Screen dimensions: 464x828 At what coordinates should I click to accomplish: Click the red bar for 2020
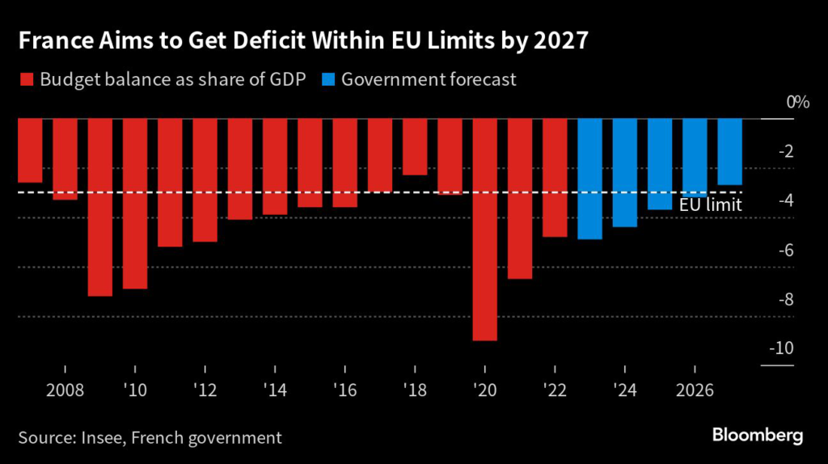pos(485,230)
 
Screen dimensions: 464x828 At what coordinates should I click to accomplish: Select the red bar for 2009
pos(100,208)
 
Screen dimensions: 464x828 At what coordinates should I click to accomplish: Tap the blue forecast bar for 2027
pos(729,152)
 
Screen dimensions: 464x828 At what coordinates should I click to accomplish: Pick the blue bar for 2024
pos(625,173)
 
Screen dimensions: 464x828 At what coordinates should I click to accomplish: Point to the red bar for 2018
pos(416,147)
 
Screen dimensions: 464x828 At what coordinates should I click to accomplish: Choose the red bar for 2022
pos(555,178)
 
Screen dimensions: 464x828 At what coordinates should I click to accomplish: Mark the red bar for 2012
pos(205,180)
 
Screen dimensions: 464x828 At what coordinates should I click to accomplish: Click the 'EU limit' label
pos(711,205)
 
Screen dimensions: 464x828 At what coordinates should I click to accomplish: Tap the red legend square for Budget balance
pos(24,80)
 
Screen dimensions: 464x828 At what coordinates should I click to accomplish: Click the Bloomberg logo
pos(758,436)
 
